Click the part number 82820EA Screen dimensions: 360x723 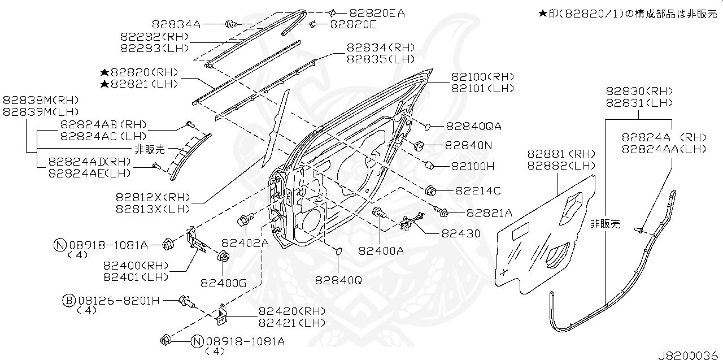(x=377, y=12)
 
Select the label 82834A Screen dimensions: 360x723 (x=176, y=24)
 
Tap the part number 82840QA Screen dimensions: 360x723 (x=473, y=127)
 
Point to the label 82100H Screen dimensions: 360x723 (x=472, y=166)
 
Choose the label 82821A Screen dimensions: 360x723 (x=489, y=213)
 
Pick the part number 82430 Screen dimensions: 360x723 (x=460, y=233)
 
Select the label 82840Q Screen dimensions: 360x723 (x=338, y=280)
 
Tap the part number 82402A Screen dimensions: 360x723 (x=245, y=242)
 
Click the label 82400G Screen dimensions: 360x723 (x=223, y=283)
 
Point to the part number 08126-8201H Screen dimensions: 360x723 (x=119, y=300)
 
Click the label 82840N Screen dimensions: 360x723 (x=468, y=145)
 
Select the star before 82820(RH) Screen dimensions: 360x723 (x=104, y=72)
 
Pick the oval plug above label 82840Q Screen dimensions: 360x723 (x=338, y=251)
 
